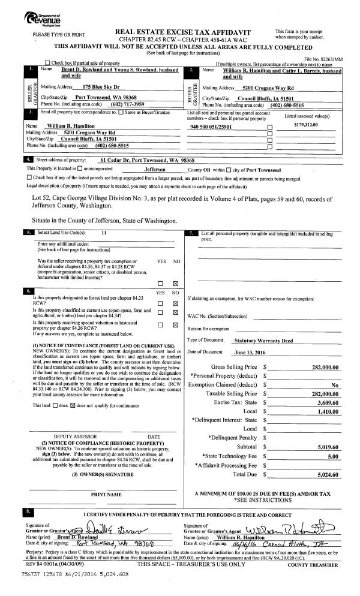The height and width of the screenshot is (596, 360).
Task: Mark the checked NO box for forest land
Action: [x=175, y=303]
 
